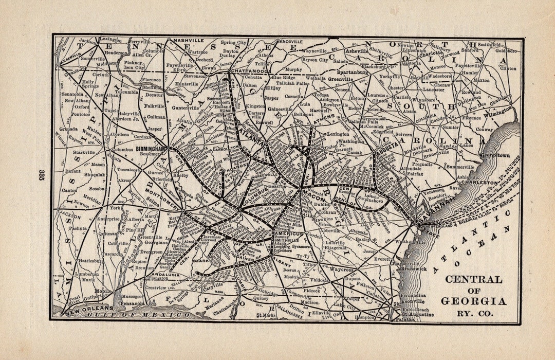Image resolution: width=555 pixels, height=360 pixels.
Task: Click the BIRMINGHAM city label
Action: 152,149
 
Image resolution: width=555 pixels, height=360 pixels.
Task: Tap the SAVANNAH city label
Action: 430,218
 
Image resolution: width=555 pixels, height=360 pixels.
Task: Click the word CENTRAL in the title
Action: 473,280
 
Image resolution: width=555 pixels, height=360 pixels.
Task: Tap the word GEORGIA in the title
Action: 473,301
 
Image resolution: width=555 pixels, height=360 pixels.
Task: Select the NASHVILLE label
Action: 189,40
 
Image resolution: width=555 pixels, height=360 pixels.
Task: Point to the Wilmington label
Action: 496,111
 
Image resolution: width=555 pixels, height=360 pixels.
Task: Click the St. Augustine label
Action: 417,314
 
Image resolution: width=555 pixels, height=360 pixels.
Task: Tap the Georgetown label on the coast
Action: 495,155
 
